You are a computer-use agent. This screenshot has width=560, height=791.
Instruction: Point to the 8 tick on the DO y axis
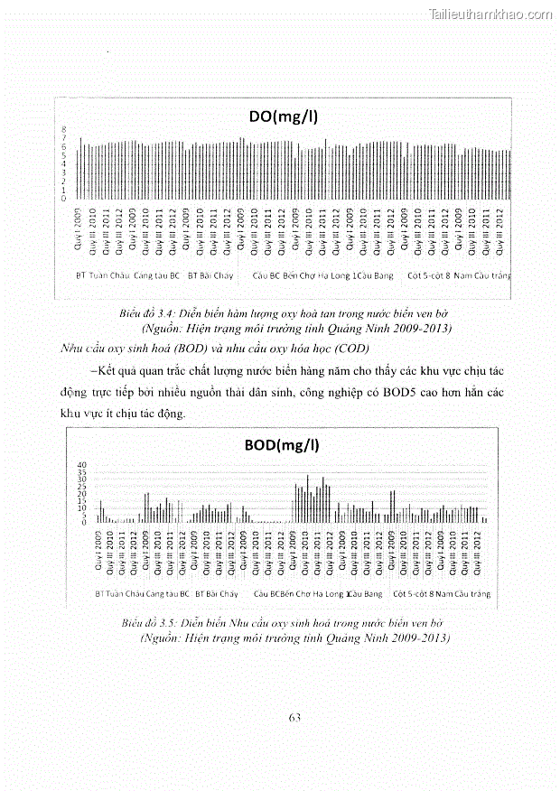(x=63, y=131)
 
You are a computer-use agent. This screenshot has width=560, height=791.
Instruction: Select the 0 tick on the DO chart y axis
(x=63, y=199)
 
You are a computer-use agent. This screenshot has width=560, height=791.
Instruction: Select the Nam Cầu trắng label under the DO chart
(x=481, y=275)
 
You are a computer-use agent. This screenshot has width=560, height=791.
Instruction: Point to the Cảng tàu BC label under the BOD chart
(x=165, y=594)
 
